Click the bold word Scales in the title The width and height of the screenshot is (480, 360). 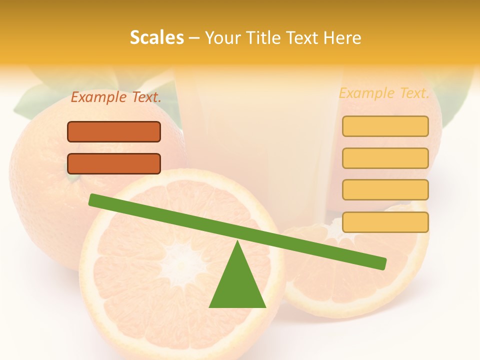tap(157, 38)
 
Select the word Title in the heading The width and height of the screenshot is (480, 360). tap(263, 38)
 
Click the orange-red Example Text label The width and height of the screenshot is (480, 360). tap(116, 97)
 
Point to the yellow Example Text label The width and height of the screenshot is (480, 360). tap(384, 93)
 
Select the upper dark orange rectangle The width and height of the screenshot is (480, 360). tap(114, 131)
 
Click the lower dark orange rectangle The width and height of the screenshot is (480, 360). tap(114, 163)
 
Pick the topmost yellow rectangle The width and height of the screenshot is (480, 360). tap(385, 126)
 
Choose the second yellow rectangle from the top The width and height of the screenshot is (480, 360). tap(385, 158)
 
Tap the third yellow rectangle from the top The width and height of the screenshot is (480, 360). tap(385, 189)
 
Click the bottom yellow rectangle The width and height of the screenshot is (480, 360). tap(385, 222)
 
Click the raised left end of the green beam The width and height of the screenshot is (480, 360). tap(95, 199)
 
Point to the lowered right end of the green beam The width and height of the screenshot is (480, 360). tap(380, 263)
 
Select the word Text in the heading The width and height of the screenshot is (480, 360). tap(304, 38)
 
